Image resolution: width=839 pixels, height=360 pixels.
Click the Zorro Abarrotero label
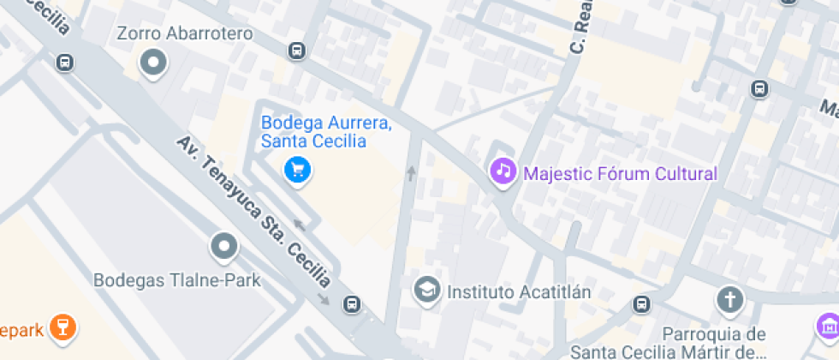(x=185, y=33)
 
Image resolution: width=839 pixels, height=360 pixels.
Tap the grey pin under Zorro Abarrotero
(x=154, y=63)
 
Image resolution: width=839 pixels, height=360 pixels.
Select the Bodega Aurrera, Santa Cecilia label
(x=326, y=132)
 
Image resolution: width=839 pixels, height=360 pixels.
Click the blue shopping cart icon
(x=297, y=170)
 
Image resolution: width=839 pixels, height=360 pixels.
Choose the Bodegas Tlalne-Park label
(x=176, y=279)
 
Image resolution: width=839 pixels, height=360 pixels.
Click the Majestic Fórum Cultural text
(x=620, y=174)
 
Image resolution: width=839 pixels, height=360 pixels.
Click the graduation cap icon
(x=425, y=290)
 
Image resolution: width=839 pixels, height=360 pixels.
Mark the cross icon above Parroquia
(x=729, y=300)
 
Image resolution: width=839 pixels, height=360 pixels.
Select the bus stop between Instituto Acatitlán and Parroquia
(x=641, y=303)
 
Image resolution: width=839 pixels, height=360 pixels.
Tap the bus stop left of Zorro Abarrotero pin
(x=65, y=62)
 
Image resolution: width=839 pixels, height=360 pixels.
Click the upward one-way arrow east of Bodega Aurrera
(x=411, y=173)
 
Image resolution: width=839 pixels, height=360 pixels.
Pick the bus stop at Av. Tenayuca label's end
(x=351, y=303)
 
